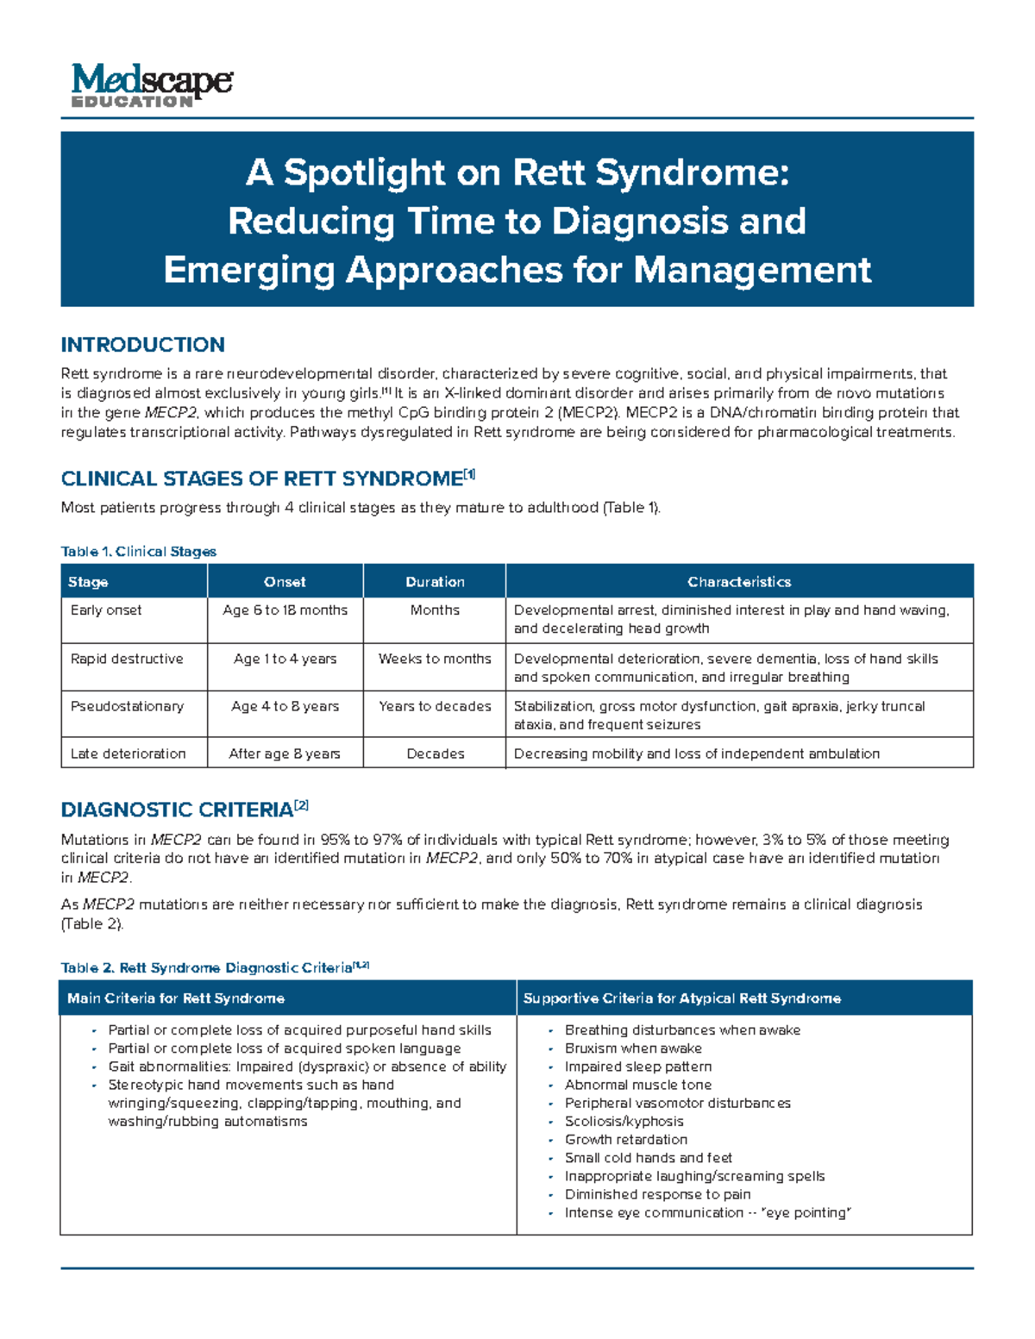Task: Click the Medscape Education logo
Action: pyautogui.click(x=152, y=85)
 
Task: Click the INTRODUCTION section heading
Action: pyautogui.click(x=142, y=345)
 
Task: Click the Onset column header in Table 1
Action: pyautogui.click(x=285, y=582)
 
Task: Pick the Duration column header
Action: pyautogui.click(x=435, y=582)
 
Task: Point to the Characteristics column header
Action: pyautogui.click(x=739, y=582)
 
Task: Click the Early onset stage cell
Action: pyautogui.click(x=106, y=610)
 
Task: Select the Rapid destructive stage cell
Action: pyautogui.click(x=127, y=659)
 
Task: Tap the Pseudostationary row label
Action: pyautogui.click(x=127, y=706)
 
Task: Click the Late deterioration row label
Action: pyautogui.click(x=128, y=754)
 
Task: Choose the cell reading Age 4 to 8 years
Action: pyautogui.click(x=285, y=706)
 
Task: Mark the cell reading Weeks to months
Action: pyautogui.click(x=435, y=659)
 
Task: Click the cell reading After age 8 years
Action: pyautogui.click(x=285, y=754)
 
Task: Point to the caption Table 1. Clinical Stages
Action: pyautogui.click(x=138, y=552)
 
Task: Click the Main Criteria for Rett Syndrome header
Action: pyautogui.click(x=176, y=998)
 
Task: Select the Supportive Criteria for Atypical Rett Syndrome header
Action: pyautogui.click(x=681, y=998)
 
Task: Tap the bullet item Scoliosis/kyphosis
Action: pyautogui.click(x=624, y=1122)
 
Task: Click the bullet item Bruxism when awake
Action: pyautogui.click(x=633, y=1048)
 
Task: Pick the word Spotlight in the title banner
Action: pyautogui.click(x=366, y=172)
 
